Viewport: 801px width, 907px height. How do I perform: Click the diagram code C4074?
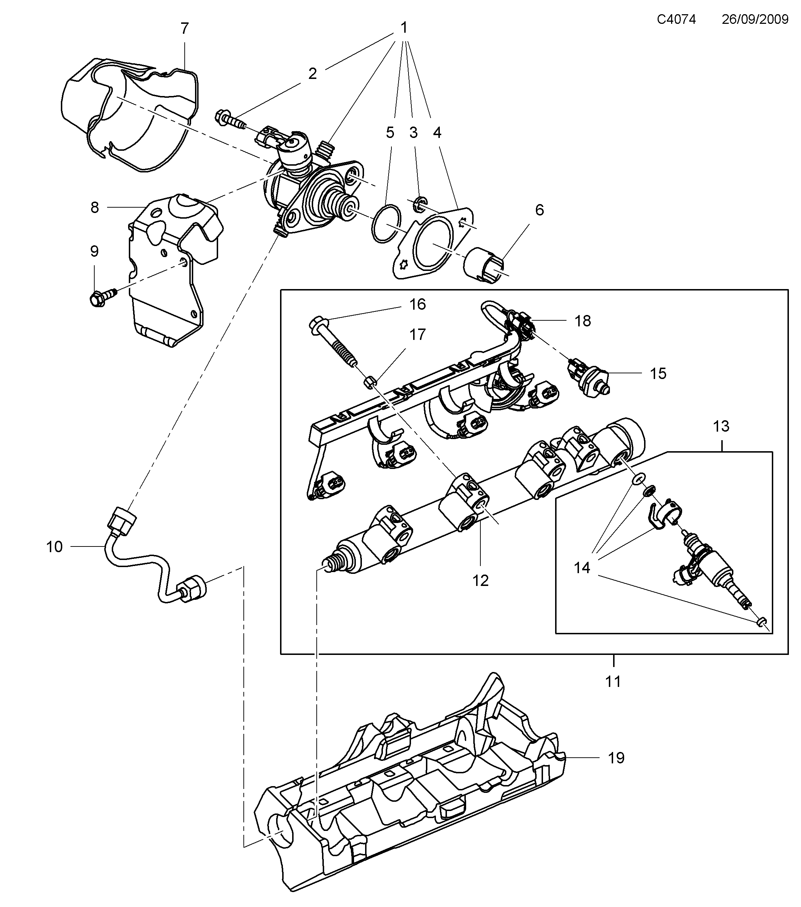coord(676,19)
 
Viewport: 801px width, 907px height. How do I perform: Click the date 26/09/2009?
coord(755,19)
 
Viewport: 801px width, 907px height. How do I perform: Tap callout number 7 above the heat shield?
coord(185,29)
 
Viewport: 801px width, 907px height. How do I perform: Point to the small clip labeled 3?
coord(418,203)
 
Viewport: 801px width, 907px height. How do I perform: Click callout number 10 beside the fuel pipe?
coord(54,547)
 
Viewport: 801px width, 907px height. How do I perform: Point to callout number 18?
coord(583,321)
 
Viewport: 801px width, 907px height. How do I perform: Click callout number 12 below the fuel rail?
coord(480,580)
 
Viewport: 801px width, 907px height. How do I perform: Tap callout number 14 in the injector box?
coord(582,567)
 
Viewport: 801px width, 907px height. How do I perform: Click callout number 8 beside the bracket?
coord(95,207)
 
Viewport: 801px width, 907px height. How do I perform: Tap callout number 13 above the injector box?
coord(721,426)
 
